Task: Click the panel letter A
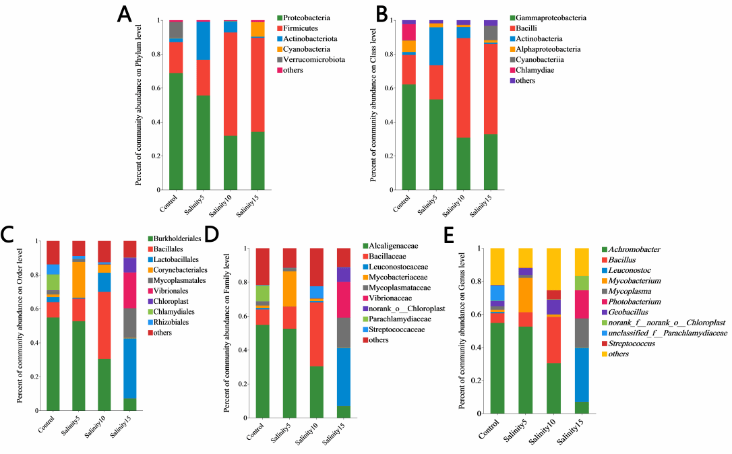click(125, 13)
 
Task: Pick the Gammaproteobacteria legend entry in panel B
click(551, 17)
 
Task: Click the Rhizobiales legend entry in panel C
click(171, 322)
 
